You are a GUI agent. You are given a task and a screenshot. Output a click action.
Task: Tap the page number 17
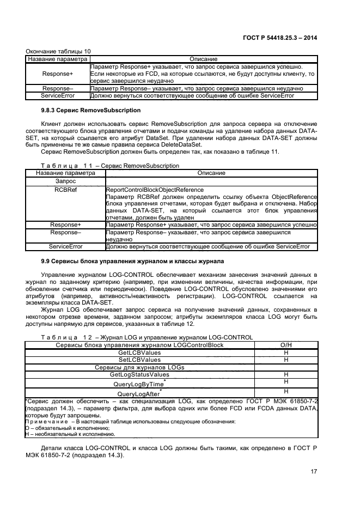pos(314,472)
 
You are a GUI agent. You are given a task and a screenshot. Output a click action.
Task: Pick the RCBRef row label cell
pos(65,190)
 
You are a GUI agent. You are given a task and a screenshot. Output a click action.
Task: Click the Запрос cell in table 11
pos(65,181)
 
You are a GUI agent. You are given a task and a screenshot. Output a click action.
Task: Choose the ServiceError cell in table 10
pos(57,95)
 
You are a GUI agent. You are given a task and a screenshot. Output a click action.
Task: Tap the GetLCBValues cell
pos(139,353)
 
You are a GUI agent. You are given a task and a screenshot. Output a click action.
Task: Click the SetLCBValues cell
pos(139,360)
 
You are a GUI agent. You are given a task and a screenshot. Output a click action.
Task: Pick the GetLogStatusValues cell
pos(139,375)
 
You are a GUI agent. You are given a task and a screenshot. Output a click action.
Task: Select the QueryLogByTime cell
pos(139,384)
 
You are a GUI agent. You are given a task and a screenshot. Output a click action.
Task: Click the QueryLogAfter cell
pos(139,393)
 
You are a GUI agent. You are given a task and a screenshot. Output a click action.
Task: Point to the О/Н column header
pos(286,345)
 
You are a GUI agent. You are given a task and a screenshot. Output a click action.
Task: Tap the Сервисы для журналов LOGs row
pos(139,368)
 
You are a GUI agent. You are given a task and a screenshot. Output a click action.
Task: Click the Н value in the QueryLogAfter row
pos(286,392)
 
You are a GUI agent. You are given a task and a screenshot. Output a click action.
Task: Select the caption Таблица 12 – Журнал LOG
pos(147,338)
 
